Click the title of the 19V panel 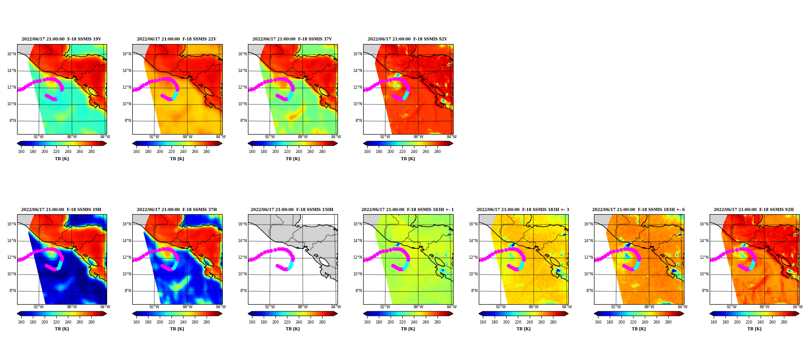click(61, 39)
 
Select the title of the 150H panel click(292, 210)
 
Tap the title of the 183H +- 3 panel click(523, 210)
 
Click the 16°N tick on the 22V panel click(127, 54)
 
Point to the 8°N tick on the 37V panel click(243, 121)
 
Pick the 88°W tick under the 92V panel click(418, 137)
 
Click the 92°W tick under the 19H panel click(39, 307)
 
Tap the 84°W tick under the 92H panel click(798, 307)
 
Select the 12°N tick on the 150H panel click(242, 257)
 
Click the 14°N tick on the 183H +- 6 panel click(588, 241)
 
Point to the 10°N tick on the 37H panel click(127, 274)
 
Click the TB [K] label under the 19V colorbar click(62, 158)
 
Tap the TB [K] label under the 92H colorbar click(754, 328)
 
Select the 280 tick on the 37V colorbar click(322, 152)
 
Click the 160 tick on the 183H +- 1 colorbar click(367, 322)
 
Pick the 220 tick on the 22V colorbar click(171, 152)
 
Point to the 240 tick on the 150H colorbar click(299, 322)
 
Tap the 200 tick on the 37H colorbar click(160, 322)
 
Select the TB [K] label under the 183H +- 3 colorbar click(523, 328)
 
